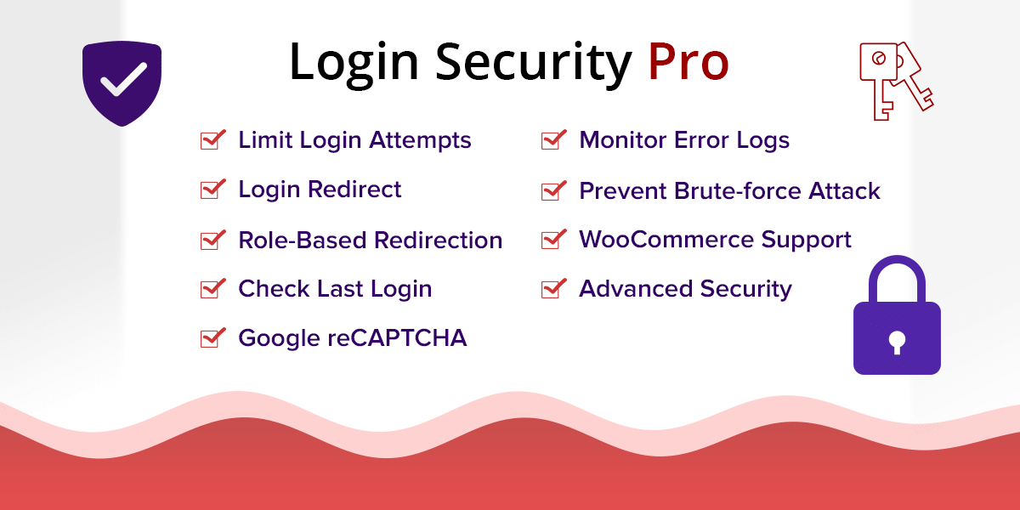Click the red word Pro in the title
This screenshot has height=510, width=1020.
(x=688, y=62)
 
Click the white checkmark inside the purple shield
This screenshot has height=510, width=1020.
(x=123, y=80)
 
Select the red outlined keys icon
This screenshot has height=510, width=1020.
(x=896, y=81)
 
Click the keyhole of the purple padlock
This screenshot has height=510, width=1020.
(x=897, y=343)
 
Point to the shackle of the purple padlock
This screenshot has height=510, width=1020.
(x=897, y=273)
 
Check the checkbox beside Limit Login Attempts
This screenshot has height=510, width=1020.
(x=212, y=139)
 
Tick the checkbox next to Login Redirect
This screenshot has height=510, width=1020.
(x=212, y=189)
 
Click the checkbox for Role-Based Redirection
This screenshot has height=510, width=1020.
(x=212, y=240)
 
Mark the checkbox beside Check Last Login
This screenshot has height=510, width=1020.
(x=212, y=289)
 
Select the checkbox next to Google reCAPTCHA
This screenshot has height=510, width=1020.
(x=212, y=338)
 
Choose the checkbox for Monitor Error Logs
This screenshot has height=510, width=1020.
(x=553, y=139)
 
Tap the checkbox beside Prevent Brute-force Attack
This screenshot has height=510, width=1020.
(x=553, y=190)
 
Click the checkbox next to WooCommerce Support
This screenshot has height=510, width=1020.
(x=553, y=240)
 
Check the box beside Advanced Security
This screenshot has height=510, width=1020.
(x=553, y=289)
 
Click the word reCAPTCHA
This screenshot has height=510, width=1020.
(x=397, y=338)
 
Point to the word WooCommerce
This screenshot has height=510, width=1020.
(x=666, y=240)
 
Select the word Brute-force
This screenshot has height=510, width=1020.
(x=737, y=190)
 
